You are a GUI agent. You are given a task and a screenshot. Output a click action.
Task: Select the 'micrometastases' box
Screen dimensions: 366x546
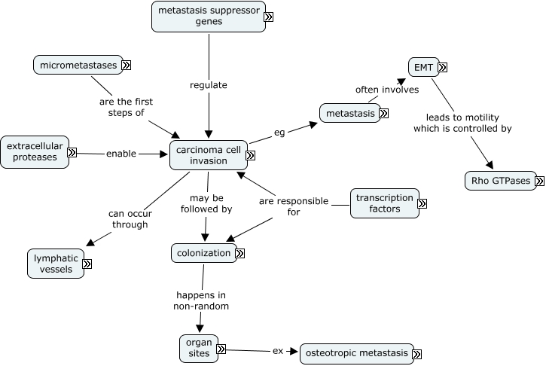(x=78, y=65)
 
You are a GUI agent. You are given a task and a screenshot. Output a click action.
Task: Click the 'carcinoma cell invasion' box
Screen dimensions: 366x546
(x=207, y=156)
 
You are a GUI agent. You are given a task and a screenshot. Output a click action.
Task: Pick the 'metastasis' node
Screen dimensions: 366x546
(x=349, y=113)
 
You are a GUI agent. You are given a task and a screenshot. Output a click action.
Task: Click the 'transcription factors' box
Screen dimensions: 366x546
(x=385, y=203)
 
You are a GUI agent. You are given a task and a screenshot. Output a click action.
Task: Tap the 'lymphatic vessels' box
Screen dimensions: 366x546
(x=54, y=264)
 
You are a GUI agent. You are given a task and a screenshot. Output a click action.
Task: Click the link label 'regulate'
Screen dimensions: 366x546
(x=208, y=85)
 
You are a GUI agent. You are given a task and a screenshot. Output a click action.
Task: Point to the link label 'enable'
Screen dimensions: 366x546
(x=120, y=153)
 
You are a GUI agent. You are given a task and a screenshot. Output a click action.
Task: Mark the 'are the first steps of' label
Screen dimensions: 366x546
(x=121, y=106)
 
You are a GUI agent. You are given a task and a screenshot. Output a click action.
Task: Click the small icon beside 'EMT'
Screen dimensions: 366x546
(x=442, y=67)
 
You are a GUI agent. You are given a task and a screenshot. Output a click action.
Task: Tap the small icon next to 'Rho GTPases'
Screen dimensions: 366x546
(x=539, y=180)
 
